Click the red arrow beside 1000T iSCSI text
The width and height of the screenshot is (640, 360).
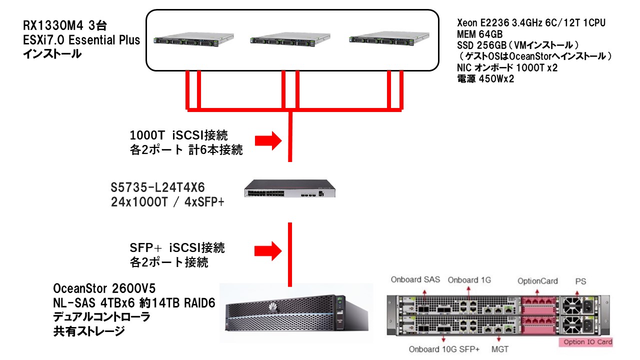point(269,141)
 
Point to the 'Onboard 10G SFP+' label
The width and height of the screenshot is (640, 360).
point(444,349)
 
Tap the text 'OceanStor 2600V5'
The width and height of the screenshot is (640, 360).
point(104,288)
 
